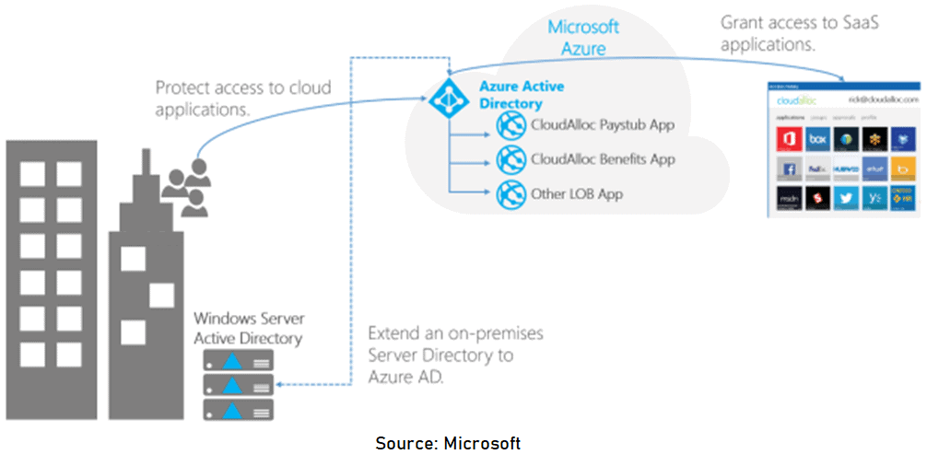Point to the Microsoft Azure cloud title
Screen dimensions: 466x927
tap(583, 37)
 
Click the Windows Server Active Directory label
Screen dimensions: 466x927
tap(248, 329)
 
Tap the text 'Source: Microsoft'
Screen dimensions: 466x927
tap(448, 443)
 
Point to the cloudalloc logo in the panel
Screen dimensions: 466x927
tap(792, 99)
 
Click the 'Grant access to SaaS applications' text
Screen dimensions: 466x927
tap(798, 33)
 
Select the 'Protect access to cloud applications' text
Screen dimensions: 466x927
tap(242, 98)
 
